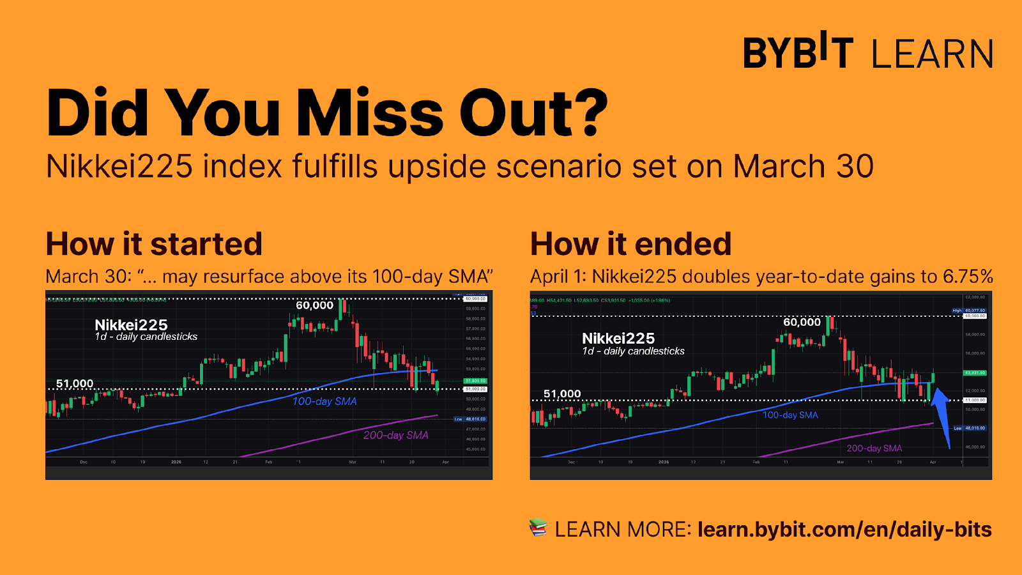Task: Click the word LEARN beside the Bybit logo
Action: click(x=932, y=54)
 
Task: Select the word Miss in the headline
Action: click(x=370, y=114)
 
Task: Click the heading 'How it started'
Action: click(x=154, y=244)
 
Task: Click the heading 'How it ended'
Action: click(x=630, y=244)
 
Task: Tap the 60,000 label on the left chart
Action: click(x=314, y=305)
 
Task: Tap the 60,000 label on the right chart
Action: click(x=802, y=322)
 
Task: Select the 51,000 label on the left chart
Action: click(x=75, y=383)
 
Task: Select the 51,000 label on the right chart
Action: click(x=562, y=394)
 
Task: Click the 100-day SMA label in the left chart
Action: click(x=324, y=401)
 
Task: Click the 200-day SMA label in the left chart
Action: click(x=395, y=435)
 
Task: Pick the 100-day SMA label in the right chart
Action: click(x=790, y=415)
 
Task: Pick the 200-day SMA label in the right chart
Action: click(x=874, y=448)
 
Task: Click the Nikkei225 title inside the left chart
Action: click(x=131, y=325)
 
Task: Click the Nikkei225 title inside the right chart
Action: click(x=618, y=339)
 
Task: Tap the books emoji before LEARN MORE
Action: click(x=538, y=528)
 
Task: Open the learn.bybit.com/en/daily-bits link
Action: click(x=844, y=530)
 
